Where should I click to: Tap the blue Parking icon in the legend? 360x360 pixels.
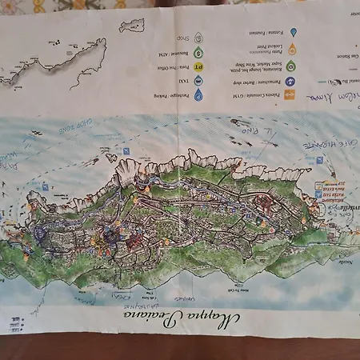tap(198, 94)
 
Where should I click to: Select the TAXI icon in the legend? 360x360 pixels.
tap(198, 80)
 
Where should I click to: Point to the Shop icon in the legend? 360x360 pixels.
tap(198, 36)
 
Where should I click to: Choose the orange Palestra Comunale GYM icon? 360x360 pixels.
tap(290, 94)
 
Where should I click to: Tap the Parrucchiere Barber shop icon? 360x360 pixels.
tap(290, 80)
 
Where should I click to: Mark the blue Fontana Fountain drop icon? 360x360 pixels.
tap(293, 32)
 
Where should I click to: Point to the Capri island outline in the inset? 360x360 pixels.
tap(132, 25)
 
